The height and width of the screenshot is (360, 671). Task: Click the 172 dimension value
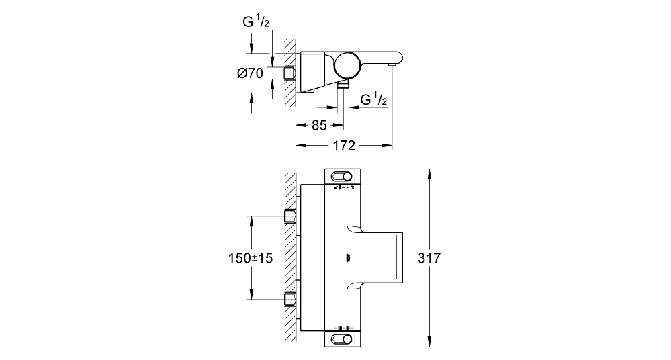(x=344, y=146)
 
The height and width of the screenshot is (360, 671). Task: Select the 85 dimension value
(x=319, y=125)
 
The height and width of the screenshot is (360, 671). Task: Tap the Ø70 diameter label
(x=251, y=73)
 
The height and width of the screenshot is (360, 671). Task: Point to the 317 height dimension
(x=429, y=258)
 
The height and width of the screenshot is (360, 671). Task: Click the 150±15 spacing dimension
(x=251, y=258)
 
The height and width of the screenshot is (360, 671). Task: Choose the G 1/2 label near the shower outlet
(x=373, y=99)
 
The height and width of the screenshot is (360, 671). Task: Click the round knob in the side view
(x=347, y=66)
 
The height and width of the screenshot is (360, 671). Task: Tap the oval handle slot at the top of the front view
(x=341, y=177)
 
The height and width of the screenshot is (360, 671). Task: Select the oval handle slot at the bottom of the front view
(x=341, y=340)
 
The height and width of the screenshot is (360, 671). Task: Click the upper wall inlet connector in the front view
(x=290, y=216)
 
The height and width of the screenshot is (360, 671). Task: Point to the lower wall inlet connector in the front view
(x=290, y=299)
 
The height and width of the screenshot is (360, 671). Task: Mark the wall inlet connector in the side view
(x=289, y=73)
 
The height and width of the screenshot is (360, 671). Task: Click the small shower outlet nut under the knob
(x=343, y=85)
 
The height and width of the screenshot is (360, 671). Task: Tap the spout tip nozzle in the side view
(x=392, y=64)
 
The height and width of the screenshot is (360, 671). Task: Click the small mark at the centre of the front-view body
(x=348, y=258)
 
